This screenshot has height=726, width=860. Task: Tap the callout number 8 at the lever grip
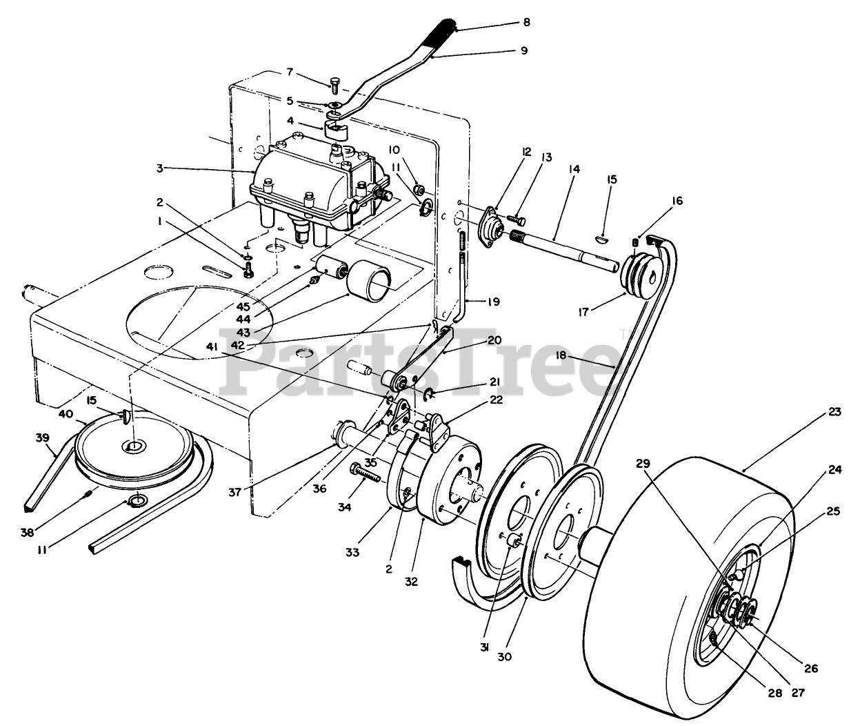[x=526, y=22]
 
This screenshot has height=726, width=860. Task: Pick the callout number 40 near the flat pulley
[x=66, y=413]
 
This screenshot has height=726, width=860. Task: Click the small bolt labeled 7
[x=335, y=87]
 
